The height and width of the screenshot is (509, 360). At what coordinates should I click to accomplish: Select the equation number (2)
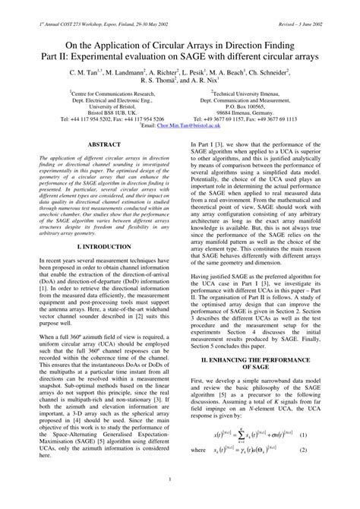[x=323, y=450]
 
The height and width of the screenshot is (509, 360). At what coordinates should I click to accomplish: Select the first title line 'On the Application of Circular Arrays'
[x=180, y=46]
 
